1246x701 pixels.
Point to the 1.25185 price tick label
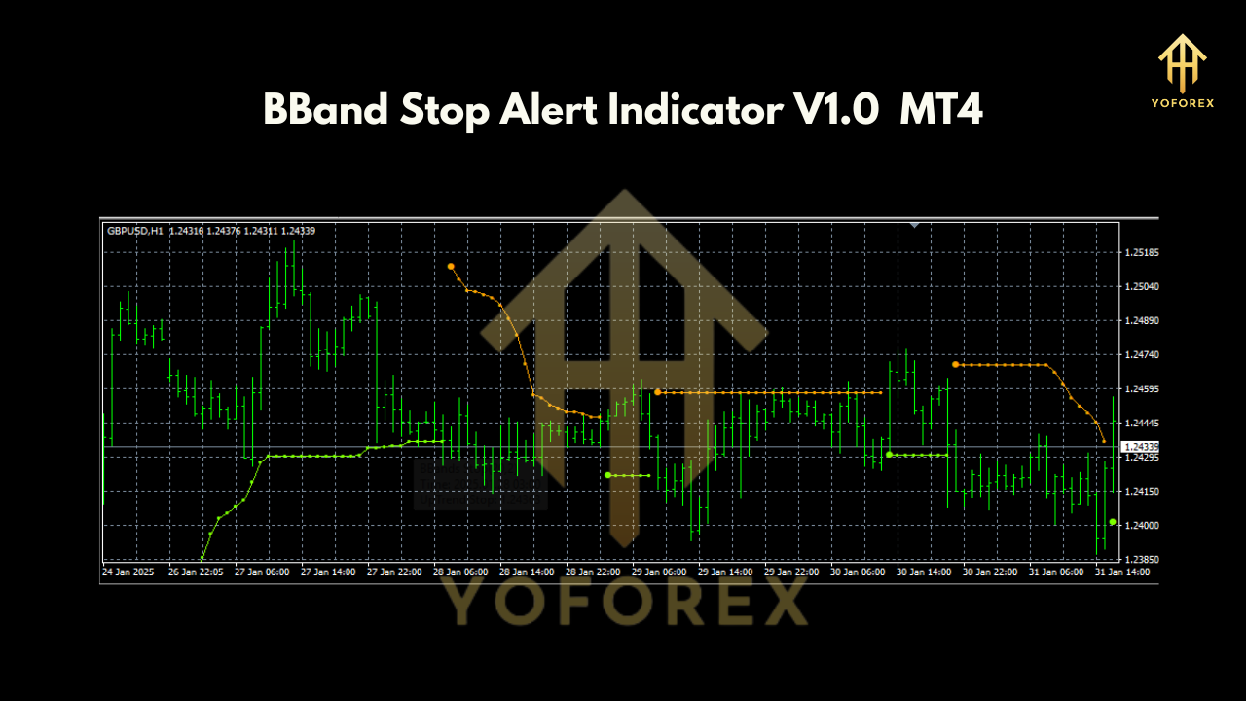click(1141, 253)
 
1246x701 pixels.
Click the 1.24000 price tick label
click(1141, 526)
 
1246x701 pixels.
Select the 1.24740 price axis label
click(1141, 355)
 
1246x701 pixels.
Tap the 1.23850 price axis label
click(1141, 560)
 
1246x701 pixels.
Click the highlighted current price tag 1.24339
click(1140, 447)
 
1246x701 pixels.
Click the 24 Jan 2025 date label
click(128, 572)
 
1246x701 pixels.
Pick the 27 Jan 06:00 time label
click(263, 572)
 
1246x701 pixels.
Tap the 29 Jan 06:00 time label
click(658, 572)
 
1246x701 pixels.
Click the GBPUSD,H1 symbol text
click(135, 231)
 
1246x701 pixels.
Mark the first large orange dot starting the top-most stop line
click(451, 266)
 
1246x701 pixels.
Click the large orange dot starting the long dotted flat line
click(658, 392)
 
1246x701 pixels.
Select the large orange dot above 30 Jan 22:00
click(956, 364)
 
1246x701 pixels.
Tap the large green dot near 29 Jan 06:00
click(607, 475)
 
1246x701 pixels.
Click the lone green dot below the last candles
click(1113, 522)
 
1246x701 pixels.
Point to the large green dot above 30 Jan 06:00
click(889, 454)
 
